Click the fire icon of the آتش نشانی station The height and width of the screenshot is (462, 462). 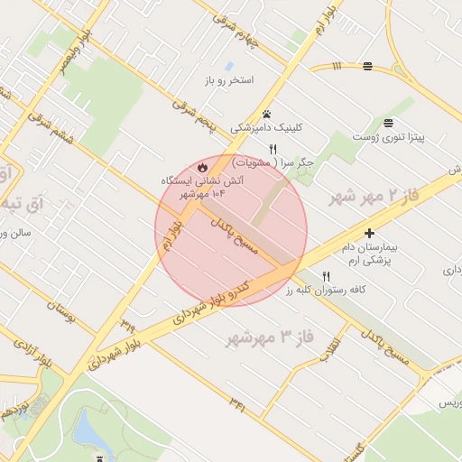(x=202, y=166)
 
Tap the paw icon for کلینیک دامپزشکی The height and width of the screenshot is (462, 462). (x=266, y=115)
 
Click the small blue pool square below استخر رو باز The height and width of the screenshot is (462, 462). (x=229, y=68)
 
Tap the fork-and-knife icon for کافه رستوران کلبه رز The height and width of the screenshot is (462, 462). (x=327, y=276)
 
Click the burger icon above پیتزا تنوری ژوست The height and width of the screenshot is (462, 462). (x=388, y=122)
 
